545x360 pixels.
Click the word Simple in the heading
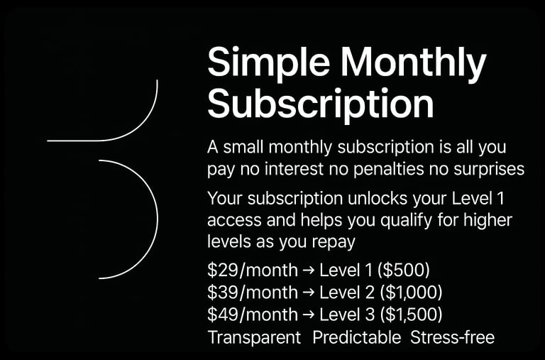point(268,62)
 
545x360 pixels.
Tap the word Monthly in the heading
point(414,62)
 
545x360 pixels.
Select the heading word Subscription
point(321,104)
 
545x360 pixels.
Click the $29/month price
point(253,271)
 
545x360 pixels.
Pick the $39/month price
point(253,293)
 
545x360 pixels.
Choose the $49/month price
point(253,315)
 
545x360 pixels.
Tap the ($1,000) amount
point(411,293)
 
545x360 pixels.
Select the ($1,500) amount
point(411,315)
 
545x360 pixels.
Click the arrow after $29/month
point(308,271)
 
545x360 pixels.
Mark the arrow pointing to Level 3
point(308,315)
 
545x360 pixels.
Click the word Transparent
point(254,338)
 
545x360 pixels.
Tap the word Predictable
point(357,338)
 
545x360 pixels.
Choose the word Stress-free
point(452,338)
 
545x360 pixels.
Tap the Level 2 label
point(347,293)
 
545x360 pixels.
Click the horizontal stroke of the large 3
point(75,141)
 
